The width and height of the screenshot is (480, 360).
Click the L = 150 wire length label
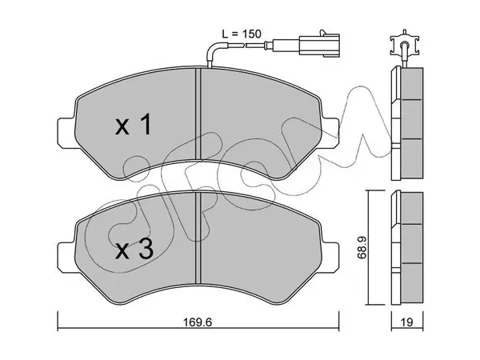coord(242,34)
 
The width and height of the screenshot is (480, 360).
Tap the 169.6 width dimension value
coord(198,322)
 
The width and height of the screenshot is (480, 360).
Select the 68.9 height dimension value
coord(362,247)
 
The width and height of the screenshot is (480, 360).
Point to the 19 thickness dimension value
coord(407,322)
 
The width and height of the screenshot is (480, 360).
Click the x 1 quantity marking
coord(133,124)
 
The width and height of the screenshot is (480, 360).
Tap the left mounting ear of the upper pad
coord(66,133)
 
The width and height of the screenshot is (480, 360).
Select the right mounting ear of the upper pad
coord(330,133)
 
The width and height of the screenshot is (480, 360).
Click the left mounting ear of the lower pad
coord(66,258)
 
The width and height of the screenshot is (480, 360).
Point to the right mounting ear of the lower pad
coord(330,258)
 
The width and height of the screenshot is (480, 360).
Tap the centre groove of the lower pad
coord(198,238)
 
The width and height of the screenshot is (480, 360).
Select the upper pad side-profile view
coord(407,123)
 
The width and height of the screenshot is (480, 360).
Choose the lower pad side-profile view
coord(407,248)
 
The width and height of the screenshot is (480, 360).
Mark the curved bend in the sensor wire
coord(212,48)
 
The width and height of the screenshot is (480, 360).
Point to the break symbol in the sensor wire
coord(244,46)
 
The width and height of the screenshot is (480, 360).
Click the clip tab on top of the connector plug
coord(322,33)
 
